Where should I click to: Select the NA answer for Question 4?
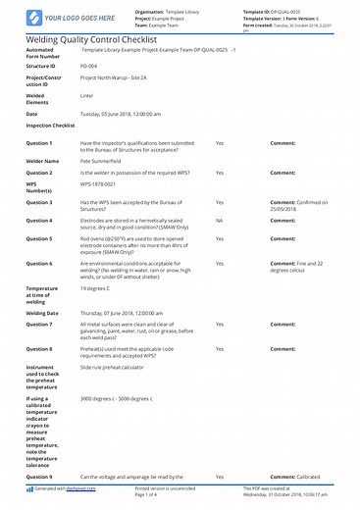pyautogui.click(x=220, y=249)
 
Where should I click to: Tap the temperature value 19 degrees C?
pyautogui.click(x=99, y=317)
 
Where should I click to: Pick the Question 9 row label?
pyautogui.click(x=39, y=476)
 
